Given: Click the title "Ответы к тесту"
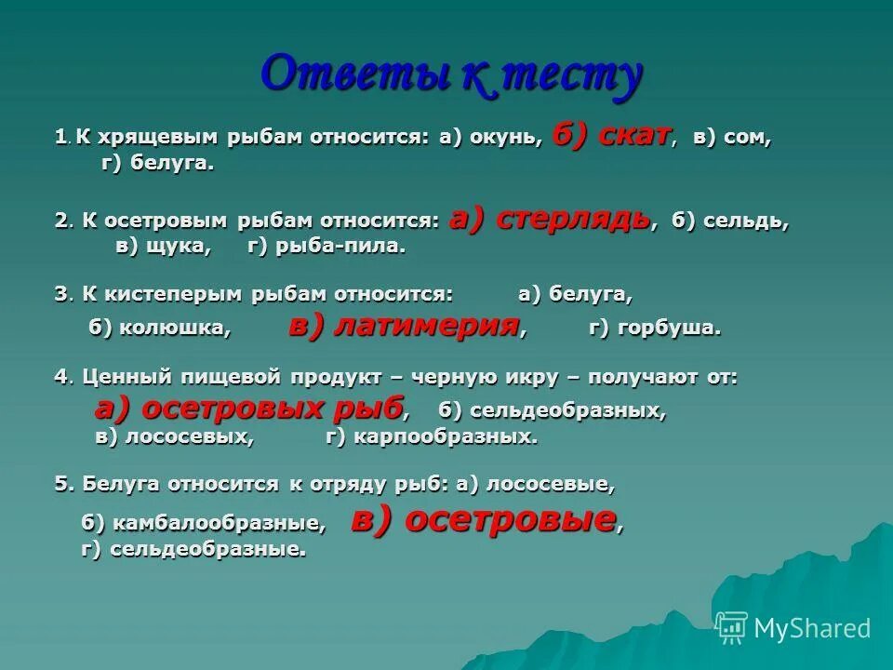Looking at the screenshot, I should point(451,74).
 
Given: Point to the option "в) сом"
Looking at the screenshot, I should point(732,138).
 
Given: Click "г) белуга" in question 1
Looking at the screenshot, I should point(157,165).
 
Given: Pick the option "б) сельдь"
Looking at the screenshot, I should point(730,221).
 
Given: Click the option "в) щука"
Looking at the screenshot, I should point(163,248).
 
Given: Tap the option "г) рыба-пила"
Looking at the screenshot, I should point(327,248).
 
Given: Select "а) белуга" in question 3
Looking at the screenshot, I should point(575,295).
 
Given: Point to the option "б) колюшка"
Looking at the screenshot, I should point(159,328).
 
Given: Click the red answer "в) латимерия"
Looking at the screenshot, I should point(404,326).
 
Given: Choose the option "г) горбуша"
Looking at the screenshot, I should point(655,328).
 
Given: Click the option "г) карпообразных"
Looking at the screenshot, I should point(432,437).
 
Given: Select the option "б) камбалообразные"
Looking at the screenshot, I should point(204,524).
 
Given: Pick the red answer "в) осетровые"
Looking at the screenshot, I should point(483,520).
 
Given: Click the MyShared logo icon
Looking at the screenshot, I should point(732,628).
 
